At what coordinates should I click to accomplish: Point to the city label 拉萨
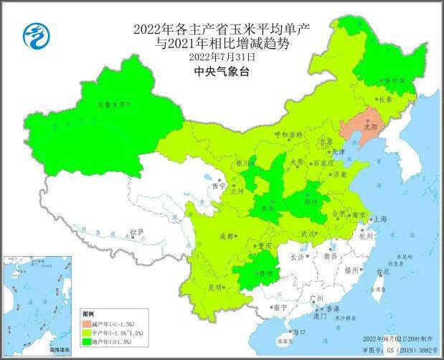(137, 232)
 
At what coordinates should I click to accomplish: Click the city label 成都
(226, 236)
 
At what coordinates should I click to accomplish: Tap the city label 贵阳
(266, 273)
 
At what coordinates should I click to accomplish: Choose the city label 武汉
(308, 234)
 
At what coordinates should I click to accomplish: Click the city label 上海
(380, 219)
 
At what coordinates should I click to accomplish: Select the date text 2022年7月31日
(222, 56)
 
